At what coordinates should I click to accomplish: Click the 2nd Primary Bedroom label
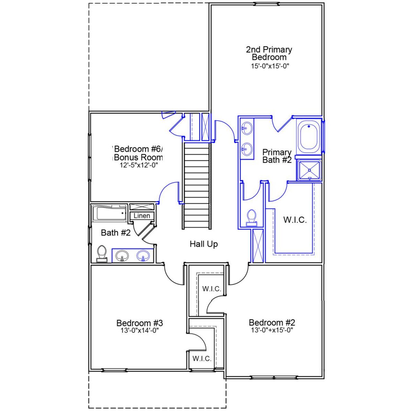(x=269, y=53)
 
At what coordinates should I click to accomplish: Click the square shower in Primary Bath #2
(x=309, y=170)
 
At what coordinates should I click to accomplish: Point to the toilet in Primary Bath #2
(x=251, y=218)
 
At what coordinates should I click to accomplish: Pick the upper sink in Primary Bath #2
(x=247, y=128)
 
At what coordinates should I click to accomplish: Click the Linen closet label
(x=142, y=216)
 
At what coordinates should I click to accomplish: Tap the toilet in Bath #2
(x=102, y=254)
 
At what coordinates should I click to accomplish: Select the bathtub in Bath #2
(x=109, y=213)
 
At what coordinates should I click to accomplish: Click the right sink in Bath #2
(x=143, y=256)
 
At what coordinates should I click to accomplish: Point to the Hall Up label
(x=203, y=244)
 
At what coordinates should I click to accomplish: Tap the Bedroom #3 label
(x=140, y=323)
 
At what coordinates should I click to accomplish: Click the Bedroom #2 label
(x=272, y=323)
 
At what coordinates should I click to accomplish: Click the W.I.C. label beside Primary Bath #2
(x=295, y=220)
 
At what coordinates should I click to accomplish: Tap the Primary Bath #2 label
(x=277, y=156)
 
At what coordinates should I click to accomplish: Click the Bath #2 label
(x=116, y=233)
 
